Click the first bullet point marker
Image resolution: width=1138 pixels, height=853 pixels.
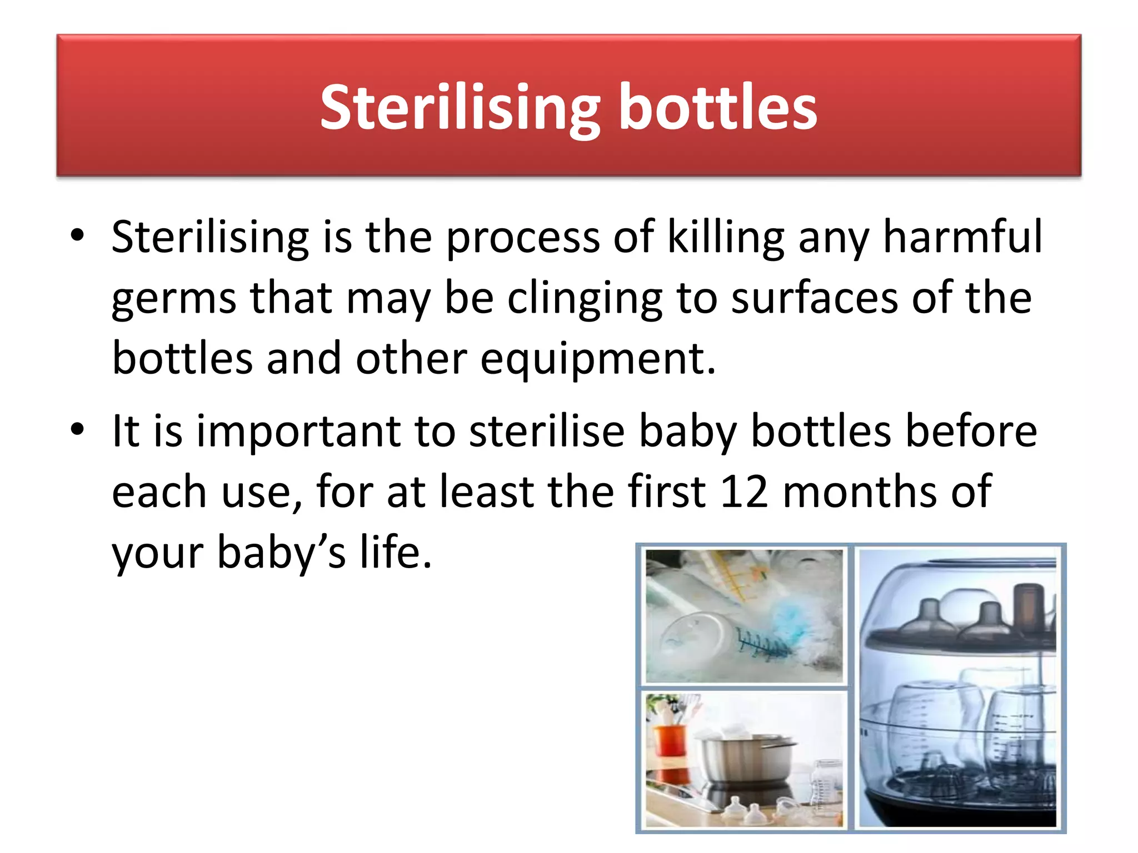[x=77, y=235]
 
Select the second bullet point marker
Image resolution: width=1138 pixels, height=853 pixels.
[x=77, y=429]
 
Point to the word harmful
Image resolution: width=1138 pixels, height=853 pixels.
[x=962, y=236]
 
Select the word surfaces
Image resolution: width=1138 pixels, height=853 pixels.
[x=814, y=298]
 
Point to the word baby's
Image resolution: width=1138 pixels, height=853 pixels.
[x=281, y=553]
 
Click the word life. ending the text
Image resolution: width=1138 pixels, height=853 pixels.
[x=396, y=552]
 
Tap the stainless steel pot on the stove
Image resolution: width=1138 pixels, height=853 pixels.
[x=745, y=758]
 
